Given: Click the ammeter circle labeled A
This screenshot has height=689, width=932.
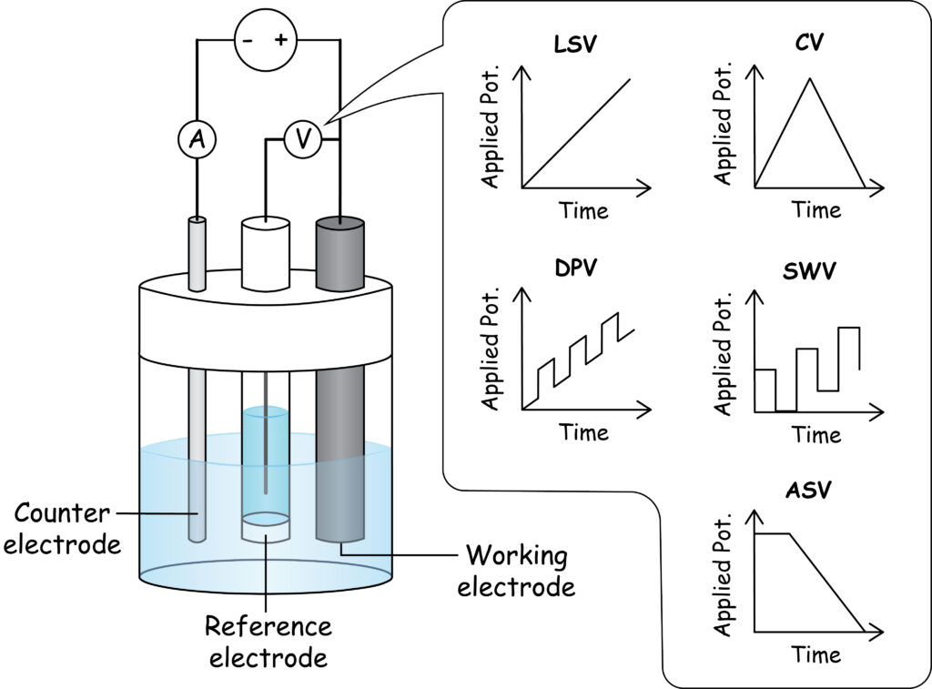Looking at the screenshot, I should click(x=195, y=138).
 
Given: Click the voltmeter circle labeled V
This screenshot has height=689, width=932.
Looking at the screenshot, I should click(x=302, y=139).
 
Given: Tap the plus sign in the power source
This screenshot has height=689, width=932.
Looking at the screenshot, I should click(x=280, y=39).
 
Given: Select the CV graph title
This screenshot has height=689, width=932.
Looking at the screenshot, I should click(x=808, y=44).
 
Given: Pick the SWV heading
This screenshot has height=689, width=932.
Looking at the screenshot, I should click(x=808, y=271).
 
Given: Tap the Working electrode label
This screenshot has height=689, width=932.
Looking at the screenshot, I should click(x=516, y=570).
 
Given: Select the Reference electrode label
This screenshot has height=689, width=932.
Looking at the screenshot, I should click(x=268, y=642).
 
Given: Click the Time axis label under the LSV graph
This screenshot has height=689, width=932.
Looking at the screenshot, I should click(x=583, y=211).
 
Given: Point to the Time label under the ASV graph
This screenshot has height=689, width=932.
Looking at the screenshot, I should click(x=815, y=654).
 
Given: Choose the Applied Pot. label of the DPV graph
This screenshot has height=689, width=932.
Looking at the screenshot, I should click(x=491, y=349).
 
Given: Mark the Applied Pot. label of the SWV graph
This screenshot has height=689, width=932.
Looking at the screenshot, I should click(x=724, y=353).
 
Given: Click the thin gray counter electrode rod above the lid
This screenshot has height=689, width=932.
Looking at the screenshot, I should click(x=198, y=253).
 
